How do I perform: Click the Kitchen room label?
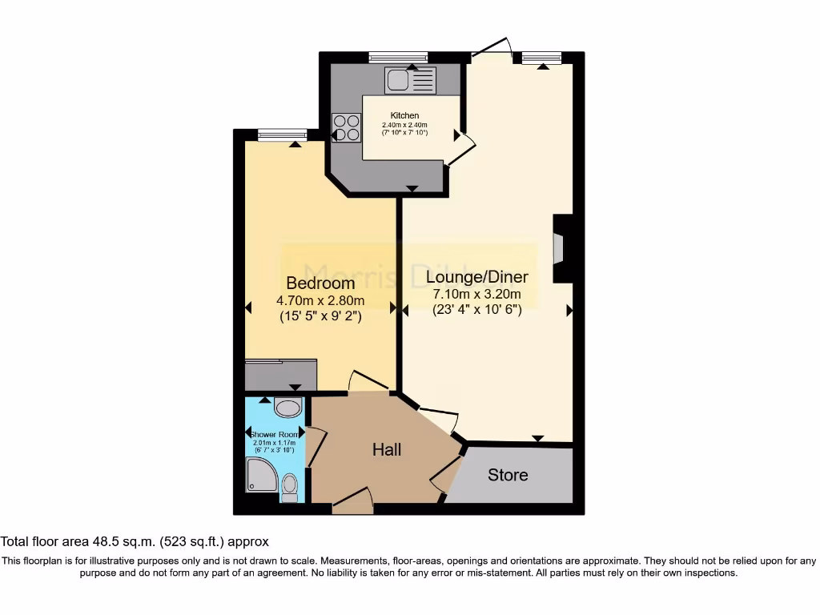click(x=404, y=115)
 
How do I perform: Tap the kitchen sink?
click(x=410, y=80)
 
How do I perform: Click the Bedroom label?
click(x=320, y=283)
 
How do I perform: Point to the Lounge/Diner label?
click(x=476, y=277)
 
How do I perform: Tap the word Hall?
click(x=387, y=450)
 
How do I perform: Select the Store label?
click(x=508, y=475)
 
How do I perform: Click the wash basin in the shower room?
click(x=287, y=408)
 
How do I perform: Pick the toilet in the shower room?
click(x=290, y=486)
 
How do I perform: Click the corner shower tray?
click(x=261, y=480)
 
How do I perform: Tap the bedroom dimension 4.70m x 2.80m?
click(x=320, y=301)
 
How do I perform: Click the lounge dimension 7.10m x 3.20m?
click(x=476, y=294)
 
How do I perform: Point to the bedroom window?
click(x=282, y=135)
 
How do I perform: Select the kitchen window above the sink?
click(x=398, y=57)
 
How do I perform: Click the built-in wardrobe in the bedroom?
click(x=280, y=375)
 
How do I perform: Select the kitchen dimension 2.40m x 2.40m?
click(x=404, y=125)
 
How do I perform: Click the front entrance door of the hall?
click(x=352, y=504)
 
